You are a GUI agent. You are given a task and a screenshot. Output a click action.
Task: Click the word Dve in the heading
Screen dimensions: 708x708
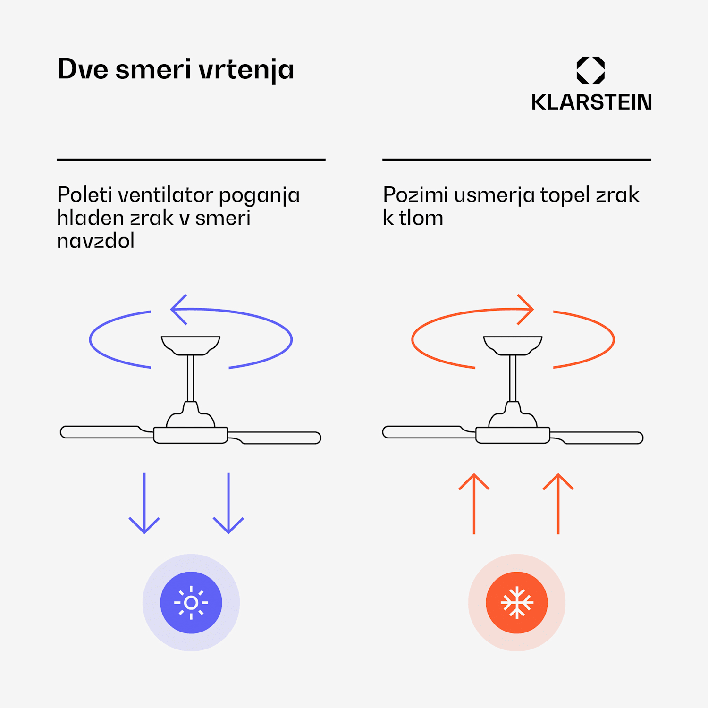point(83,69)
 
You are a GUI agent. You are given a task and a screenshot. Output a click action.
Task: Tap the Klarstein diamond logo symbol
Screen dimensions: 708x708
point(590,70)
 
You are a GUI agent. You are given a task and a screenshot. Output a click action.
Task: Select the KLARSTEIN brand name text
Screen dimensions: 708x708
point(591,102)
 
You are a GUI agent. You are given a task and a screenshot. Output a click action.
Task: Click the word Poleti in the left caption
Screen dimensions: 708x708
point(85,194)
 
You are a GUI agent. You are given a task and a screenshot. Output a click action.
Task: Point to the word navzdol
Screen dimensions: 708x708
point(96,241)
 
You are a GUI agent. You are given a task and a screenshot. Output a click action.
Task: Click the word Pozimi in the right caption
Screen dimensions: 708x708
point(415,194)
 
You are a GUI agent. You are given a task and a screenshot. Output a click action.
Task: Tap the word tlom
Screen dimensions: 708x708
point(421,218)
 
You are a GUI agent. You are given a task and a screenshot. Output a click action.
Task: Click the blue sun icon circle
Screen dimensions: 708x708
point(191,603)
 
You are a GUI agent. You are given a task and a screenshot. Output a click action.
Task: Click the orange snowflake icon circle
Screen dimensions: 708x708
point(517,603)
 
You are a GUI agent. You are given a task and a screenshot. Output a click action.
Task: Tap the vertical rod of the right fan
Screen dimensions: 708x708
point(513,378)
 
